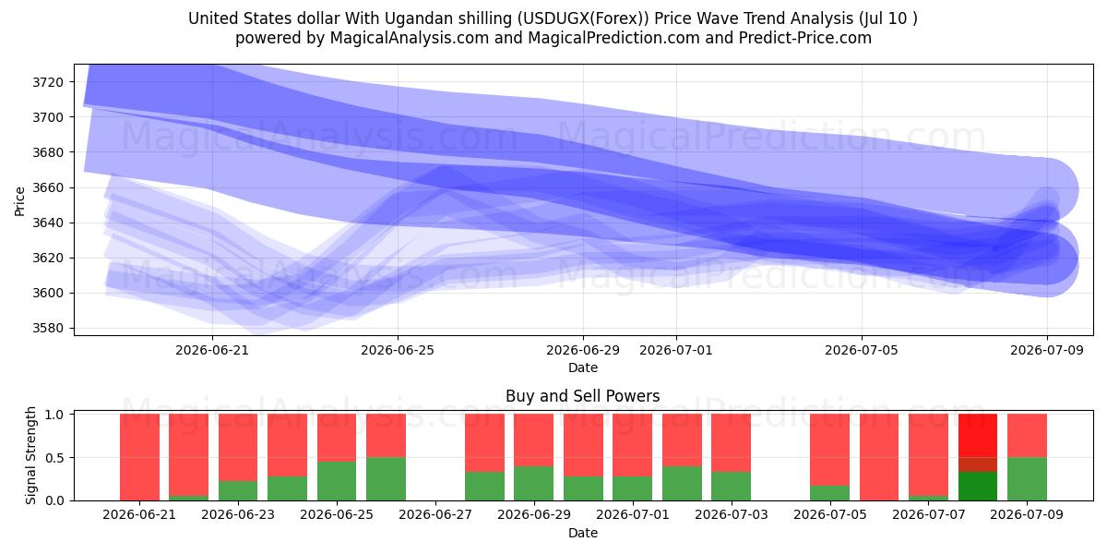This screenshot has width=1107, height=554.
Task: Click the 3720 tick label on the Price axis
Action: pos(48,82)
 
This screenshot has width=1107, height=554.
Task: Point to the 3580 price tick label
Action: pos(48,328)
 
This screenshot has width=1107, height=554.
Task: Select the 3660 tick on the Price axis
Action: pos(48,187)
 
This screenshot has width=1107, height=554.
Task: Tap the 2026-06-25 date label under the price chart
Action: pos(398,350)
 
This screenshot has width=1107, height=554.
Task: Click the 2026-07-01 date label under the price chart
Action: pos(676,350)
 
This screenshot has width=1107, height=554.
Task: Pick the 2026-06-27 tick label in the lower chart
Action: pos(435,514)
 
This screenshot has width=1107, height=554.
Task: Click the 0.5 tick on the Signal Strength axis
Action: pos(54,458)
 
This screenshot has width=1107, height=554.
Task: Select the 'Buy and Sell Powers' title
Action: pos(583,396)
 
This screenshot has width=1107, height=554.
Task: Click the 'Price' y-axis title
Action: pos(19,201)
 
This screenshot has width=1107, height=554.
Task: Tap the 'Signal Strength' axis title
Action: pos(30,455)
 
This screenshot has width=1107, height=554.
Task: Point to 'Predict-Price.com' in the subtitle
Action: pos(805,38)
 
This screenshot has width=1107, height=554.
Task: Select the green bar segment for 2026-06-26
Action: pos(386,479)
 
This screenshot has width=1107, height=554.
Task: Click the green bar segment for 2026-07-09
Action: pos(1027,479)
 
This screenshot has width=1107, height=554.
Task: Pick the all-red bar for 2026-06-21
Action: pos(140,457)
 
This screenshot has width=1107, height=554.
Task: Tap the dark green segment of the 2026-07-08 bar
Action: pos(978,487)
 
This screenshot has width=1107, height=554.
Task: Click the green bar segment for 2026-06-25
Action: pos(337,481)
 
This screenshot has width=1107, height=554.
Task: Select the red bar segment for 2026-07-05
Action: pos(829,450)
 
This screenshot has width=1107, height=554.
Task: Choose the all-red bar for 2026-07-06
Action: pos(879,457)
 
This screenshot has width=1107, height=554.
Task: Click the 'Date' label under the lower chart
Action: pos(583,534)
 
